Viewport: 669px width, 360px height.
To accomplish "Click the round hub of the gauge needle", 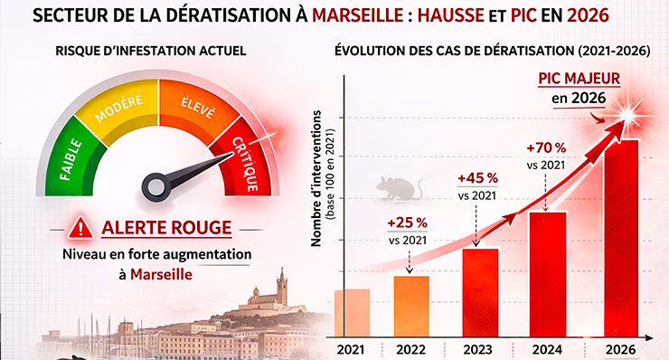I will [x=156, y=186].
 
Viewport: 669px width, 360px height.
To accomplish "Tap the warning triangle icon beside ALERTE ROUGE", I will [x=81, y=229].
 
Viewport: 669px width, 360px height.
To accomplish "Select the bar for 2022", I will [x=411, y=306].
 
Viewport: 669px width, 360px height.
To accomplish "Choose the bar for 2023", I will [x=481, y=292].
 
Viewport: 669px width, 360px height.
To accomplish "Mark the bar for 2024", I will [x=548, y=274].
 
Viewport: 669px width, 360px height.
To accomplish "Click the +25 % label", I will [x=408, y=223].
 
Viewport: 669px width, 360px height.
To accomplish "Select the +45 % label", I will [x=477, y=177].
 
